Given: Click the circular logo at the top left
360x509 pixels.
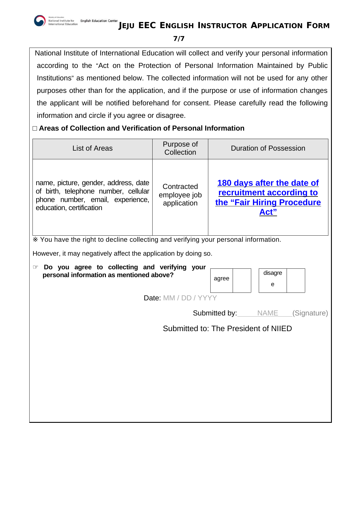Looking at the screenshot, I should (x=40, y=21).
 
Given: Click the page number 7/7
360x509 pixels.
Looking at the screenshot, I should (x=179, y=39).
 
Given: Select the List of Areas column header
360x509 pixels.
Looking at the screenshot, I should (x=92, y=148).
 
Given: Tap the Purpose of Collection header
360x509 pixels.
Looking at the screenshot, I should (x=180, y=148).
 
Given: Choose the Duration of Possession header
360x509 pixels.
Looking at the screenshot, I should (x=268, y=148).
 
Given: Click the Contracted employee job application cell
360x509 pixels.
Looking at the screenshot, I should (x=180, y=195).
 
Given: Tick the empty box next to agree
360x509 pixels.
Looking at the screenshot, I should (x=242, y=280).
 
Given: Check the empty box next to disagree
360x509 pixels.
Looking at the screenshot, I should (x=296, y=280).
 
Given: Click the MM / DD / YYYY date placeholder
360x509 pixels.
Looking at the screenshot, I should (x=190, y=298).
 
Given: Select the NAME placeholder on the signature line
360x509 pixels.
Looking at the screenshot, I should (x=267, y=313).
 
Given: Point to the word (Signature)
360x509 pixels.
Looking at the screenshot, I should (x=310, y=313).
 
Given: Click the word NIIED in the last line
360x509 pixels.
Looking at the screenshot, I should (x=281, y=328).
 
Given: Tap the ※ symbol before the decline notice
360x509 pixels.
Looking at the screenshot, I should (x=35, y=240).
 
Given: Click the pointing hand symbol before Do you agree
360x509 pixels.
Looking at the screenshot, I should (x=35, y=267).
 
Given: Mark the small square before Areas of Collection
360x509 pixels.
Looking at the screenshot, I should (x=35, y=128).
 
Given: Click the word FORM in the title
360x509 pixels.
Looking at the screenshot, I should (x=318, y=26).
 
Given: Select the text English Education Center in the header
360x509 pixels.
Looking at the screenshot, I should (x=99, y=21).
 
